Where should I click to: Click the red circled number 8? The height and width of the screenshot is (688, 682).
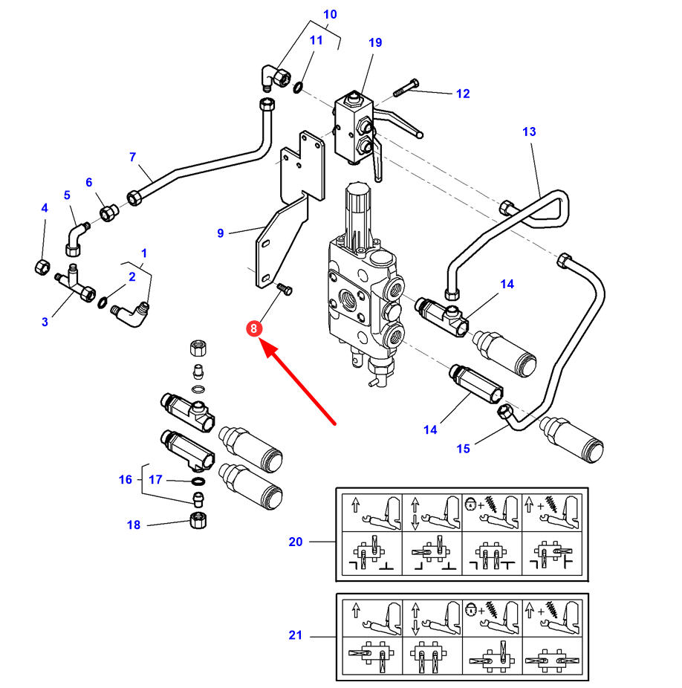(253, 328)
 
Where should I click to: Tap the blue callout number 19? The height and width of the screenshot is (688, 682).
(375, 42)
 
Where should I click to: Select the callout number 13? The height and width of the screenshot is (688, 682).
(529, 132)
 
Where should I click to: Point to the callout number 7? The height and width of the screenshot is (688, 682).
(132, 157)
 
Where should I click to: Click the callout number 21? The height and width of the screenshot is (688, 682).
(296, 635)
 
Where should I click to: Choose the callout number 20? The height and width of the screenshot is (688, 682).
(296, 542)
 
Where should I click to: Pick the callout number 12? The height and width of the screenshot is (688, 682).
(463, 94)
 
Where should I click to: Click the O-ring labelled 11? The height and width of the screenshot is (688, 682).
(298, 87)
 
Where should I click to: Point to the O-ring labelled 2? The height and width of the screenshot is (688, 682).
(103, 302)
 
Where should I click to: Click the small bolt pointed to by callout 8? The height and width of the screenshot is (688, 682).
(285, 289)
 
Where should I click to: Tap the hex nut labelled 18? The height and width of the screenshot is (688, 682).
(198, 521)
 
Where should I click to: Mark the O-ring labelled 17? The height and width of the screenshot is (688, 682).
(198, 481)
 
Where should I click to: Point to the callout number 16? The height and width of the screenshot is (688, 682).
(126, 479)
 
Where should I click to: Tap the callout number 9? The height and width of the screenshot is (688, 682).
(221, 233)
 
